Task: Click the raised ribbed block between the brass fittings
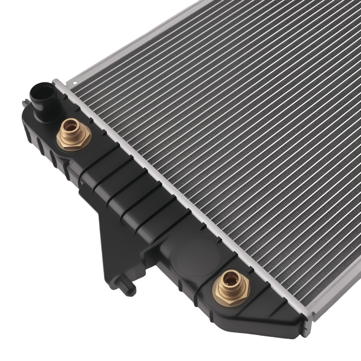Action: (130, 195)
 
